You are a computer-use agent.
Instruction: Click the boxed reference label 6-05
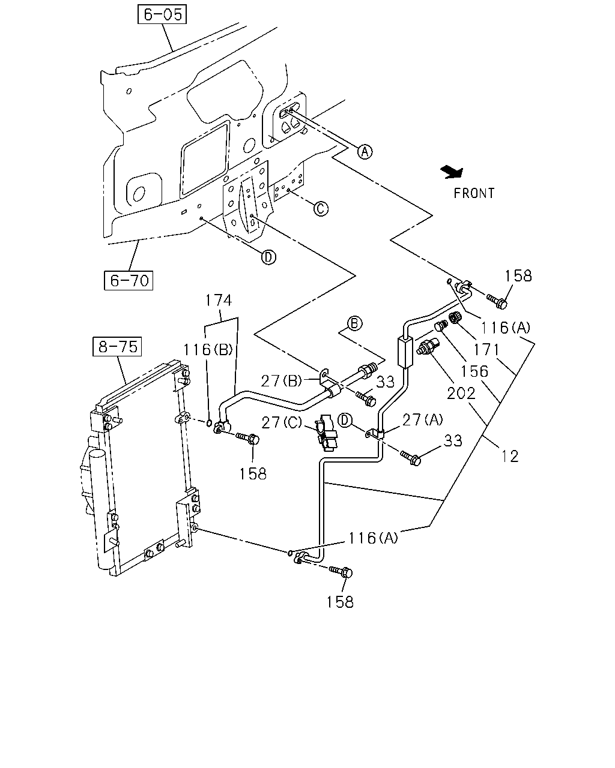coord(162,14)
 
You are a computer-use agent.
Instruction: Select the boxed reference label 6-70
coord(129,281)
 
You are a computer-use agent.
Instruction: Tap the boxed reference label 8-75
coord(117,347)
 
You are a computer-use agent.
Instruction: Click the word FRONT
coord(474,193)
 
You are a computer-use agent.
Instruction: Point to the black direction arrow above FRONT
coord(452,172)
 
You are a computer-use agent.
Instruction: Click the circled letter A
coord(365,152)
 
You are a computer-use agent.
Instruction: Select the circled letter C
coord(321,208)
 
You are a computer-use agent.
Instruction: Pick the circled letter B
coord(354,323)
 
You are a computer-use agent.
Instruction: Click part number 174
coord(219,300)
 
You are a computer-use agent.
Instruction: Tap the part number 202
coord(461,393)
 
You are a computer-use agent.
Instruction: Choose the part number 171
coord(486,350)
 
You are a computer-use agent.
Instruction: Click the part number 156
coord(474,371)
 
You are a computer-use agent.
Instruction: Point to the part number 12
coord(510,457)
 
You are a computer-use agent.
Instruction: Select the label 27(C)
coord(282,422)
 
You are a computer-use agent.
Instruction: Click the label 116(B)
coord(208,350)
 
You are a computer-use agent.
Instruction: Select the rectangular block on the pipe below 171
coord(405,352)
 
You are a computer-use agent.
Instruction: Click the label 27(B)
coord(282,381)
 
